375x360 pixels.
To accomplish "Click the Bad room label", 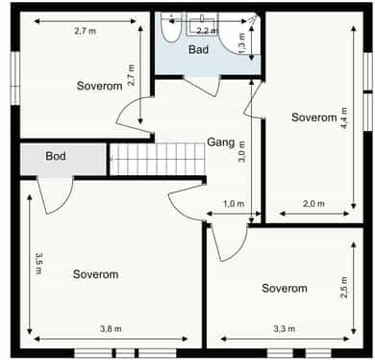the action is tap(198, 49).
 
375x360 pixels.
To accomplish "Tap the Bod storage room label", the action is tap(56, 156).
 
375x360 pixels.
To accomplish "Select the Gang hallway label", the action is tap(221, 142).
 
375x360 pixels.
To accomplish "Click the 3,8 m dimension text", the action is tap(111, 328).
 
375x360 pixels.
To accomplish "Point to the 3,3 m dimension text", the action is tap(285, 328).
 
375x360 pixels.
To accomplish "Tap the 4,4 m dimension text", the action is tap(344, 118).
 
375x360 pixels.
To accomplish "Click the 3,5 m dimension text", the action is tap(38, 264).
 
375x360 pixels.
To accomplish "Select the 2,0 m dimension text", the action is tap(313, 203).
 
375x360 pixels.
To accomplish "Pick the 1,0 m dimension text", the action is tap(234, 203).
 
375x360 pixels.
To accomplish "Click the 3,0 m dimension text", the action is tap(241, 151).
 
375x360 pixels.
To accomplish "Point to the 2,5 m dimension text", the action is tap(344, 288).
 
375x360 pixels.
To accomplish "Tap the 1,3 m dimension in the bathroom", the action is tap(241, 43).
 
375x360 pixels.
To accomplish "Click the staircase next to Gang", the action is tap(157, 159).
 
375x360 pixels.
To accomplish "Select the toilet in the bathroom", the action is tap(172, 28).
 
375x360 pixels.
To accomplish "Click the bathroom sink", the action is tap(202, 24).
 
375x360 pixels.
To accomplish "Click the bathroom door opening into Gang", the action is tap(203, 87).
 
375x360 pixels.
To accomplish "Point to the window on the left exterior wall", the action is tap(15, 78).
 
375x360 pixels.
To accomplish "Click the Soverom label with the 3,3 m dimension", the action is tap(285, 288).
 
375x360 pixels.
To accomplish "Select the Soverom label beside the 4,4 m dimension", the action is tap(314, 117).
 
